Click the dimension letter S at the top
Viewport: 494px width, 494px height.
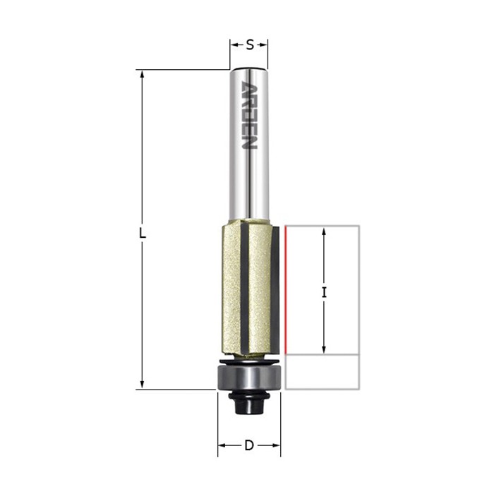[x=250, y=45]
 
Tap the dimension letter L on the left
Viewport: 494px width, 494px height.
[x=143, y=234]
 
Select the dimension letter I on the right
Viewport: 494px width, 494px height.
[x=324, y=294]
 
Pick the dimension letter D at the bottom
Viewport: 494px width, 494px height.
[x=249, y=445]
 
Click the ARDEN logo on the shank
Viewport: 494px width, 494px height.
[x=249, y=115]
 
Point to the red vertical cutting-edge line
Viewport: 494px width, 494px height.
[x=286, y=290]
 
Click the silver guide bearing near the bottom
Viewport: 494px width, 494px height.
[x=249, y=378]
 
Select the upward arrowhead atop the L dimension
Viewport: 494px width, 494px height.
[x=142, y=74]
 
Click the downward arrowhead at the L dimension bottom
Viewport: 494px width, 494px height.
[x=142, y=385]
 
